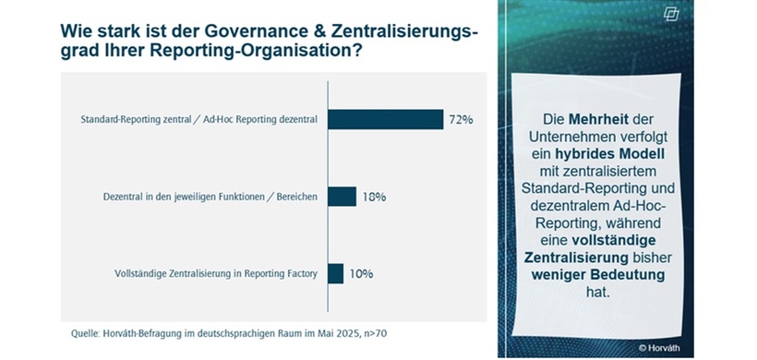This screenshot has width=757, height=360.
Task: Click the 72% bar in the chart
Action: [385, 120]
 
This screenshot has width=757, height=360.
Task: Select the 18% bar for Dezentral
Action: [342, 197]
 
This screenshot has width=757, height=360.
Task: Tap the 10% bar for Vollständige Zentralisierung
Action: [335, 273]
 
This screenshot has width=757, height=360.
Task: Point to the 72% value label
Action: [462, 120]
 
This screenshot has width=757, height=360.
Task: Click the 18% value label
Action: [374, 197]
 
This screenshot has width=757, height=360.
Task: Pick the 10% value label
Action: [361, 273]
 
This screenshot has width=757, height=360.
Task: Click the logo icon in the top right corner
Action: [723, 16]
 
